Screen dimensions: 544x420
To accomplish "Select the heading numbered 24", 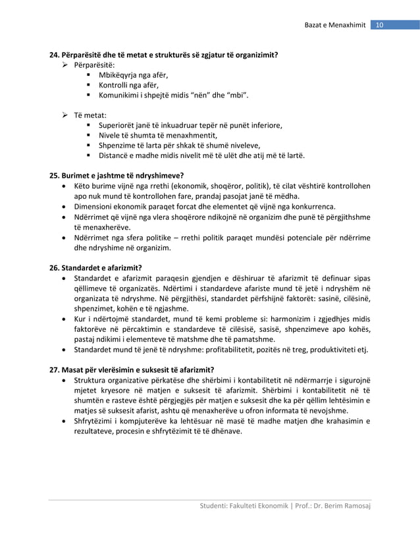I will pyautogui.click(x=164, y=55).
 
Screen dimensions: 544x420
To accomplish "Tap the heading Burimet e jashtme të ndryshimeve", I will pyautogui.click(x=117, y=175).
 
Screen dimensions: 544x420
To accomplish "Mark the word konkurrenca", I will pyautogui.click(x=309, y=205).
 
